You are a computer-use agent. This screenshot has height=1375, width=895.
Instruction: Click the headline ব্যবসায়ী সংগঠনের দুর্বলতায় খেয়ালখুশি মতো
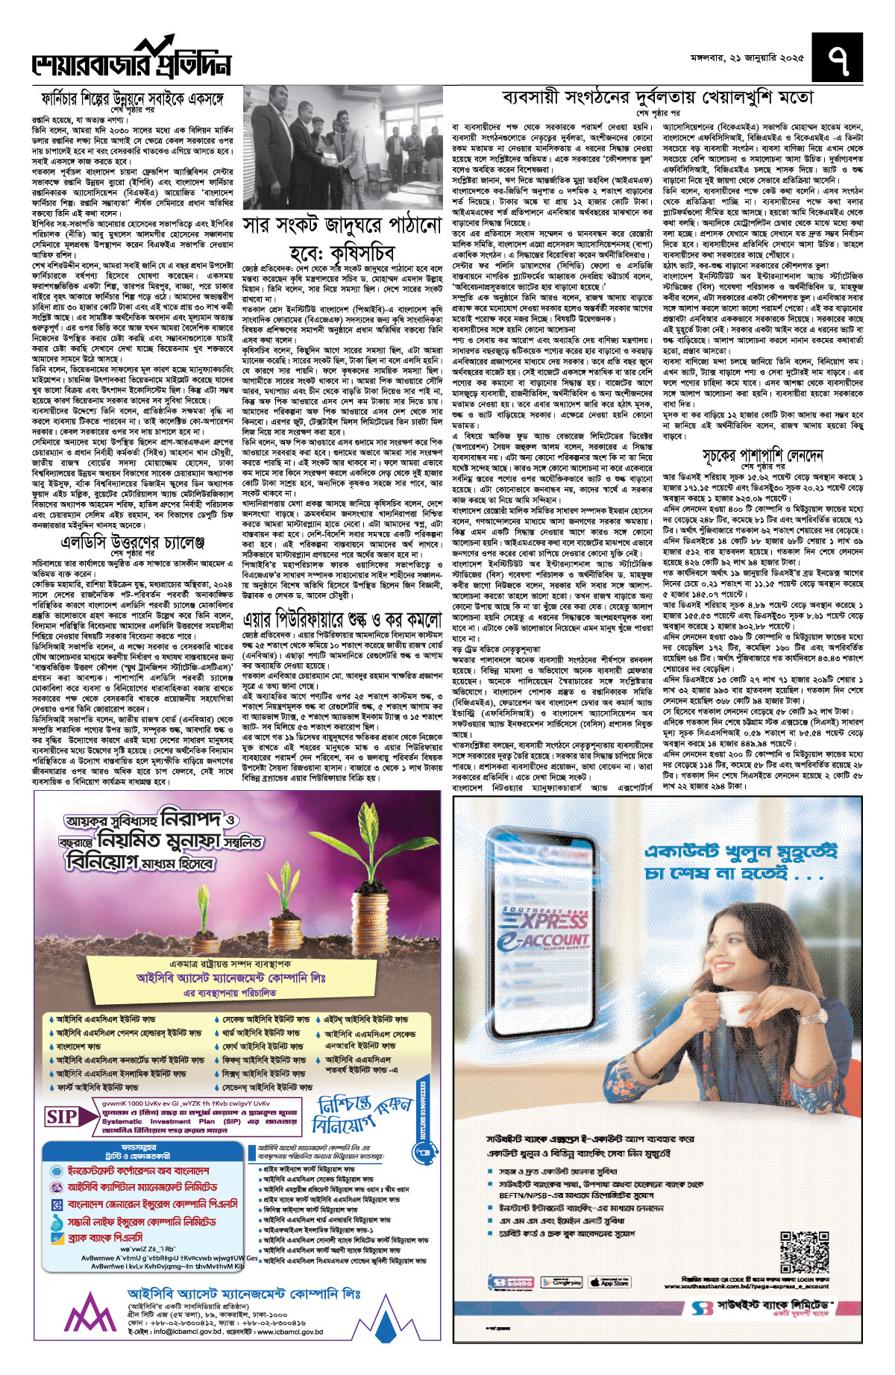coord(658,97)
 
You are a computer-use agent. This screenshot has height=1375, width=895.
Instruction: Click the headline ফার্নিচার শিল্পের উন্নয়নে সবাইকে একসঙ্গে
coord(142,98)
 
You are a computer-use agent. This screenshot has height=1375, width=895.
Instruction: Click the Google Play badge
coord(561,1282)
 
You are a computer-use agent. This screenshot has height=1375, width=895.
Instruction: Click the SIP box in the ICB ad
coord(62,1117)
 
